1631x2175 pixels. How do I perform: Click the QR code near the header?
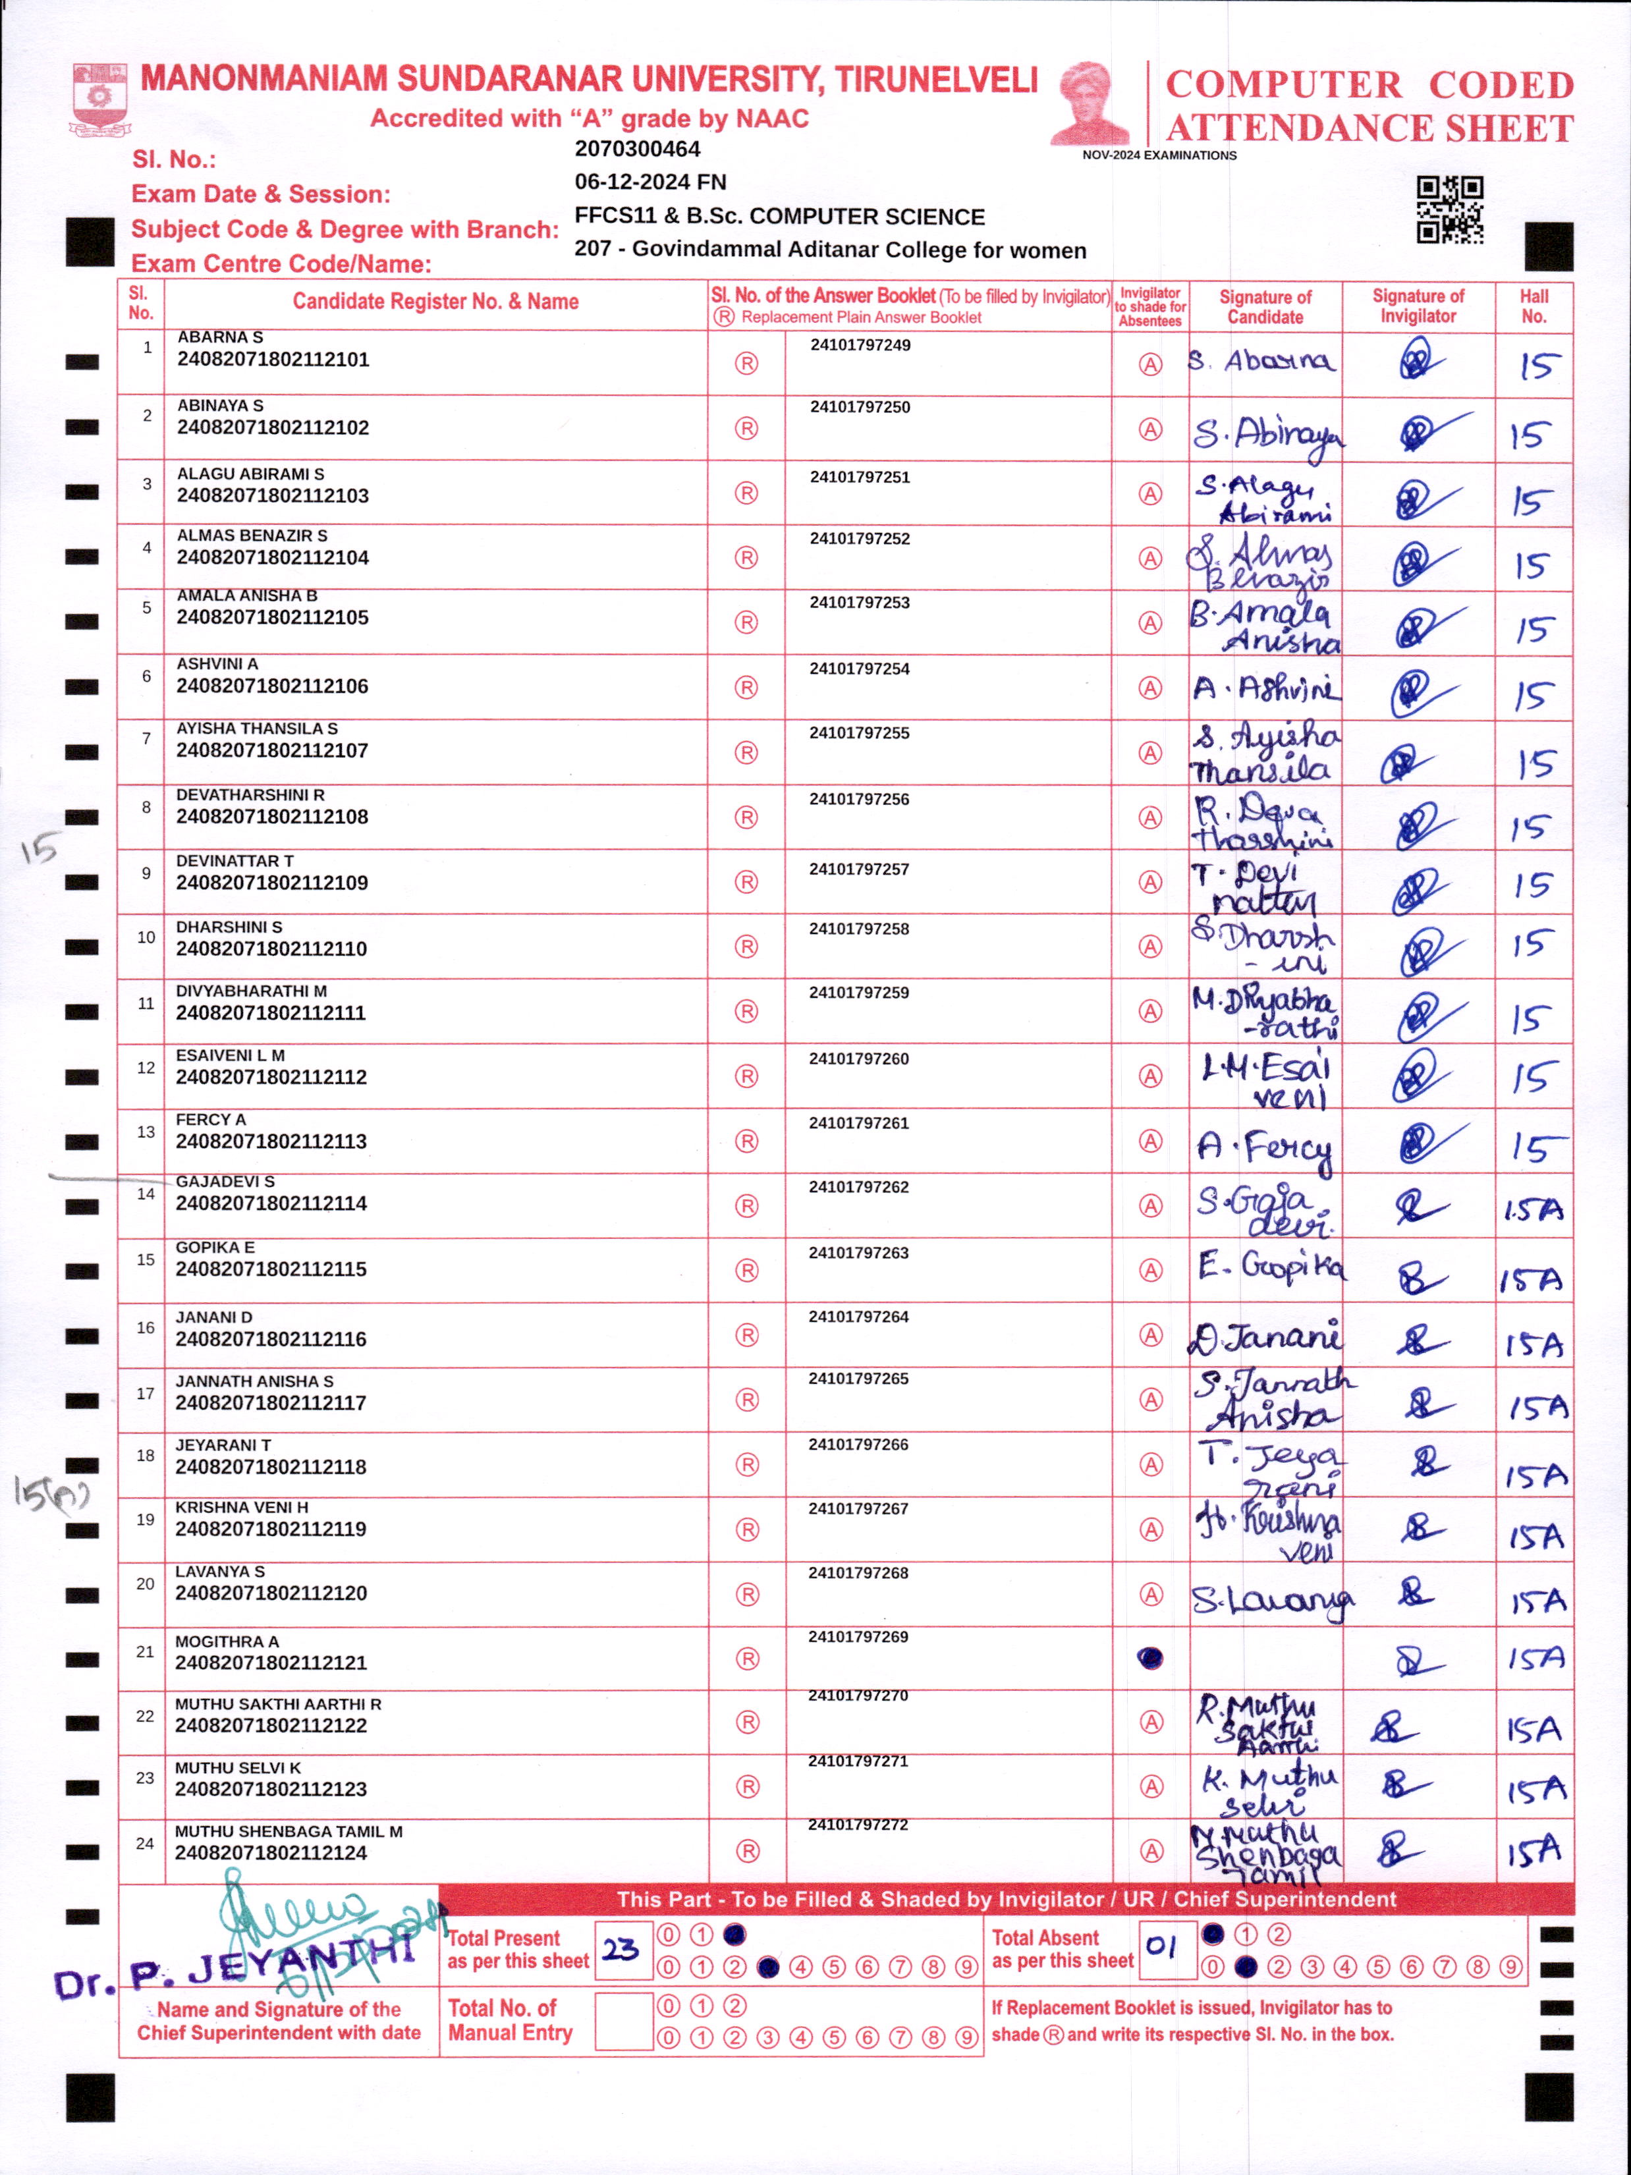click(x=1449, y=209)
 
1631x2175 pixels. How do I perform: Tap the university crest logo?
click(x=99, y=99)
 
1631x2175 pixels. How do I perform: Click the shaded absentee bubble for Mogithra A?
click(x=1149, y=1659)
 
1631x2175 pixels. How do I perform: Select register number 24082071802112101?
click(x=273, y=360)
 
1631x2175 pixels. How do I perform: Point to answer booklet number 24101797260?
click(x=859, y=1059)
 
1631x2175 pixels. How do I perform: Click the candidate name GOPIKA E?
click(x=215, y=1248)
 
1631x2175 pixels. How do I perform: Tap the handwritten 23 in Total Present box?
click(x=621, y=1949)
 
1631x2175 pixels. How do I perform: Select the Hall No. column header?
click(x=1534, y=307)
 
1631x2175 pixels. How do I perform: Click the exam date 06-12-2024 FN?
click(x=651, y=182)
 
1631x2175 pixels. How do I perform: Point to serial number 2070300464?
click(x=637, y=150)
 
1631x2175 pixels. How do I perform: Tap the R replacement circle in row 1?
click(x=747, y=364)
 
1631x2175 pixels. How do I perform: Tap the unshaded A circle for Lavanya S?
click(x=1150, y=1594)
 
